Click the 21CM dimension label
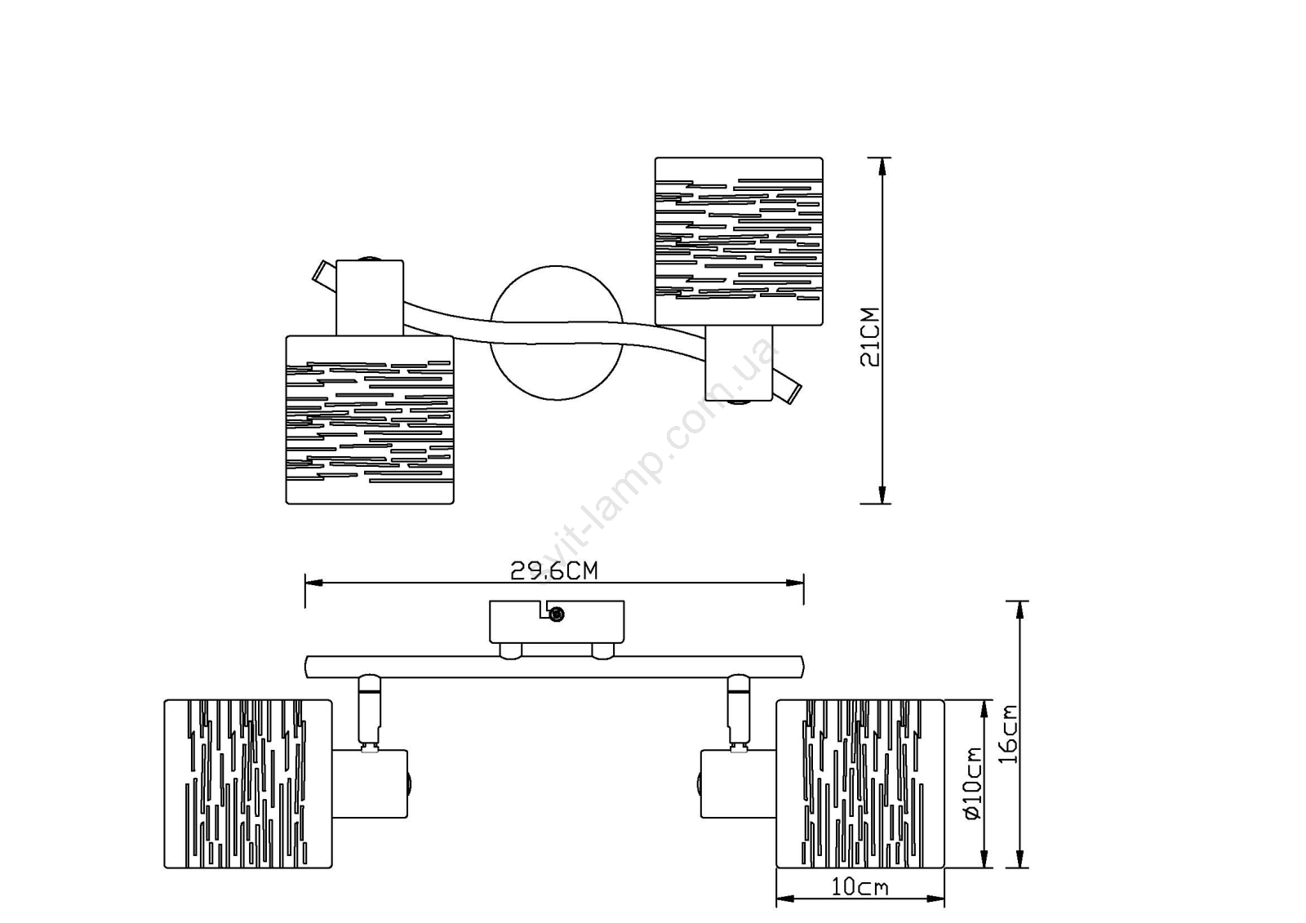point(869,336)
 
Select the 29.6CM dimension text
point(554,571)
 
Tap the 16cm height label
point(1009,734)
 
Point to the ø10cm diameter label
point(974,783)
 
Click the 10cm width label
point(860,887)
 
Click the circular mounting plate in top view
point(557,333)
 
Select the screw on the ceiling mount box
point(557,614)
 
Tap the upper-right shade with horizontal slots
point(739,241)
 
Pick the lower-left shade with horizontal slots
point(370,419)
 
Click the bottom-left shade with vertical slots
point(248,783)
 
